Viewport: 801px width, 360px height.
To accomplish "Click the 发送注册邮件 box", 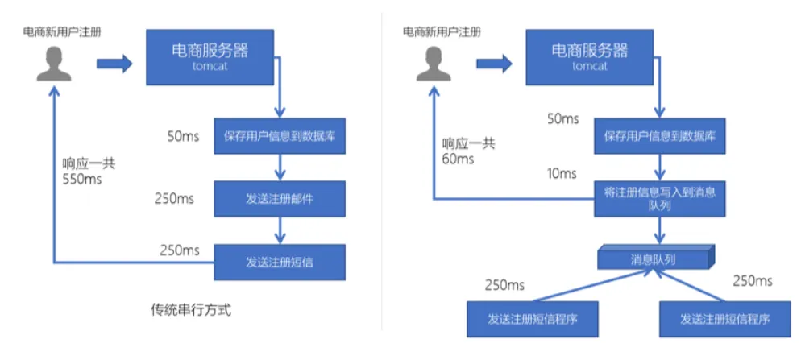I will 279,198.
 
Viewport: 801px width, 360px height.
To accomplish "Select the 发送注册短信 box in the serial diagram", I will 279,262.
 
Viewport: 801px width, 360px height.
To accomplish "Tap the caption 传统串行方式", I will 196,309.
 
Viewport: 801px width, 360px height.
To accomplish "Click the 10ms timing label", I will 562,173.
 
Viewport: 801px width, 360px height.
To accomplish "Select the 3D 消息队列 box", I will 654,259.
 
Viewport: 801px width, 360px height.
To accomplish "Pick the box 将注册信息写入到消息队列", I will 659,198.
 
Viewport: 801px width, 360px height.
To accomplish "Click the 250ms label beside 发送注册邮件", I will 176,198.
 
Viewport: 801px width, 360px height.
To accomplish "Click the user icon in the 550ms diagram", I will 53,64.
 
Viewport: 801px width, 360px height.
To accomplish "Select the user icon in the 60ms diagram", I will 433,64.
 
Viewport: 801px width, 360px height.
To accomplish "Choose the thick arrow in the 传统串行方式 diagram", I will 113,64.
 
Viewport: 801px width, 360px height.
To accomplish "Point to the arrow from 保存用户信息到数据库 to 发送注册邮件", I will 279,167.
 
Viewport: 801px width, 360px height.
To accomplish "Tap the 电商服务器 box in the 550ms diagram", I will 210,56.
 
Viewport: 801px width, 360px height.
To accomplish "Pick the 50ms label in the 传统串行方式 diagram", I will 184,135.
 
